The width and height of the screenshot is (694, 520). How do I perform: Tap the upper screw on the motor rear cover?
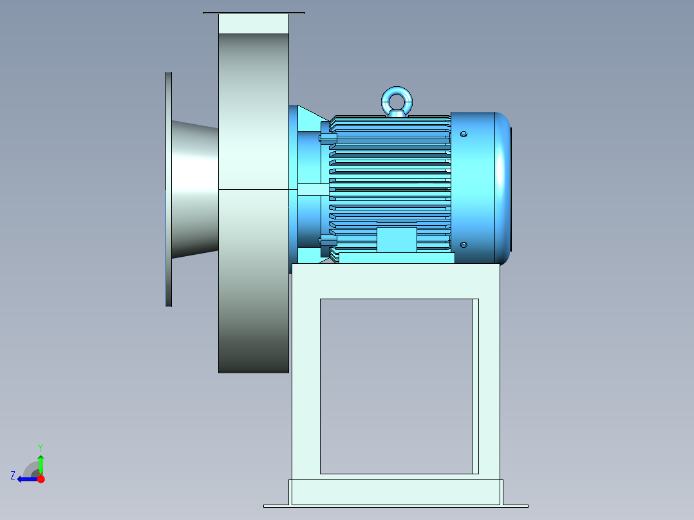pyautogui.click(x=464, y=135)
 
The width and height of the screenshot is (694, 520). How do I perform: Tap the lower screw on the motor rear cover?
pyautogui.click(x=464, y=245)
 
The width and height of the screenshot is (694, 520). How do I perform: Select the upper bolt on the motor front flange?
pyautogui.click(x=328, y=138)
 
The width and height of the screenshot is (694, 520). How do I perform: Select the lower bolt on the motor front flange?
pyautogui.click(x=328, y=241)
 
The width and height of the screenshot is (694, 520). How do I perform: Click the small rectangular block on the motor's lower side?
pyautogui.click(x=397, y=239)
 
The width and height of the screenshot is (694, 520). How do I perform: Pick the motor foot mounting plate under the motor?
pyautogui.click(x=397, y=258)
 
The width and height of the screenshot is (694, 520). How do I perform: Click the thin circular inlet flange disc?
pyautogui.click(x=169, y=189)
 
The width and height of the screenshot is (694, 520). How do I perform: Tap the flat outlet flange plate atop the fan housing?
pyautogui.click(x=254, y=13)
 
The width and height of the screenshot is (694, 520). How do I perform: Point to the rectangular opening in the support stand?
pyautogui.click(x=395, y=386)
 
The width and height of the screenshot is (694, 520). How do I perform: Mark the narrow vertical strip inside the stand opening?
pyautogui.click(x=475, y=386)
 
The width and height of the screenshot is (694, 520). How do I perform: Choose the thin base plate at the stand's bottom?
pyautogui.click(x=395, y=506)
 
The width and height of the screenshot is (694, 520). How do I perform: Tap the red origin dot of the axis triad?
pyautogui.click(x=41, y=479)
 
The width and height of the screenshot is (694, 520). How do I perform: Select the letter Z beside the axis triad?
pyautogui.click(x=13, y=476)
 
